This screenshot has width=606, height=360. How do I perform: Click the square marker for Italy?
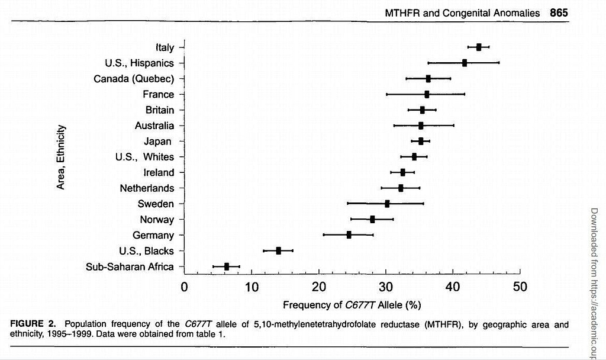click(x=479, y=47)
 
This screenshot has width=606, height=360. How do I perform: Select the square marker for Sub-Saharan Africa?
click(x=226, y=266)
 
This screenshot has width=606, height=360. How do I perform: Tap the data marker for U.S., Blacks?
click(x=279, y=250)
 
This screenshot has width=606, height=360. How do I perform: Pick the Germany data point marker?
click(x=349, y=235)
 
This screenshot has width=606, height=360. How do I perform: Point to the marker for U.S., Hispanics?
click(x=465, y=62)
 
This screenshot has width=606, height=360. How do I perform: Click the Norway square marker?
click(x=372, y=219)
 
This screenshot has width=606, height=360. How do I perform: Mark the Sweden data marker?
click(x=387, y=204)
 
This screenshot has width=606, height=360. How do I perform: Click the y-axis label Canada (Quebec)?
click(x=134, y=79)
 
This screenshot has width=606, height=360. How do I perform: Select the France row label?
click(x=158, y=94)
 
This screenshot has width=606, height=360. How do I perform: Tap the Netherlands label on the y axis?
click(x=147, y=188)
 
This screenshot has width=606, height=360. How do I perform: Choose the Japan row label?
click(x=157, y=141)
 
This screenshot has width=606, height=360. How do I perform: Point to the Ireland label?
click(x=159, y=172)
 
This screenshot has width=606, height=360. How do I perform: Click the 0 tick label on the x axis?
click(x=185, y=287)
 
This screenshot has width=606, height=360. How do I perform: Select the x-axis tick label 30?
click(x=386, y=287)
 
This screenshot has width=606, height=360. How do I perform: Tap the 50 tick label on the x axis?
click(x=520, y=287)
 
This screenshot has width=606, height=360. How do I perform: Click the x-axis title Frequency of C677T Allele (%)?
click(x=352, y=306)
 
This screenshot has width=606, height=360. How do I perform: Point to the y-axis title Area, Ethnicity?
click(x=61, y=157)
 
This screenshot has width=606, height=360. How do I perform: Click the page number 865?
click(x=559, y=12)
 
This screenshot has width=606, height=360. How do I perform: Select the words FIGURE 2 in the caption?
click(x=36, y=324)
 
